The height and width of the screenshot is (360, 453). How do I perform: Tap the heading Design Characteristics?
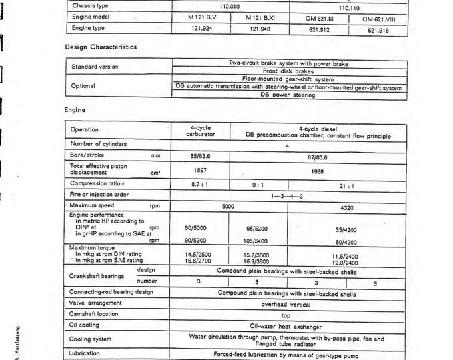pos(101,47)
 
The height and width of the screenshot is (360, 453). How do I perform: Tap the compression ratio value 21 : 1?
pos(348,186)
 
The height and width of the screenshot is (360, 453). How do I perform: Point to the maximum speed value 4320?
pos(347,207)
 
